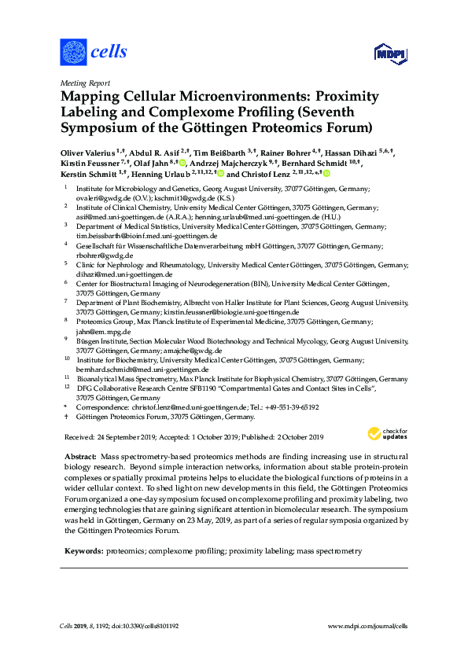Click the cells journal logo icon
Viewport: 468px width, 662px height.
[x=72, y=53]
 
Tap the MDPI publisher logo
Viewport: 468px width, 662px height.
[x=388, y=53]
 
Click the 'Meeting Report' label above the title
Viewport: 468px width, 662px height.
[x=85, y=83]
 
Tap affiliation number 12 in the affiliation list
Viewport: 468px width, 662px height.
[x=66, y=388]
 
